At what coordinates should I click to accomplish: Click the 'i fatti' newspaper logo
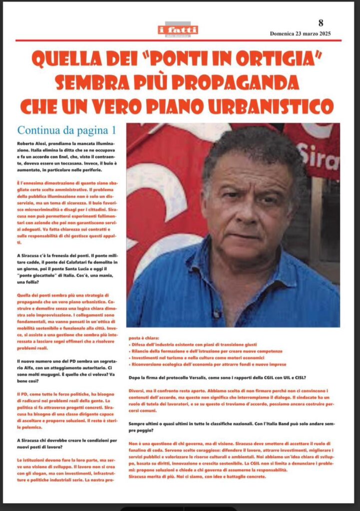click(178, 30)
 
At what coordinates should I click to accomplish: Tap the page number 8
click(321, 22)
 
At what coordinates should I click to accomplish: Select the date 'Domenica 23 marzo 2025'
click(300, 34)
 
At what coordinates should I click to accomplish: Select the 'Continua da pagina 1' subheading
click(67, 130)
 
